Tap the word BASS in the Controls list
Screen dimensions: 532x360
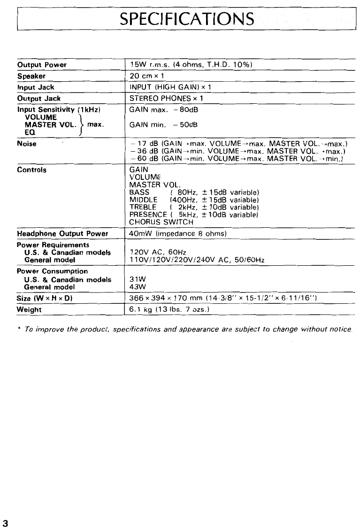pyautogui.click(x=139, y=193)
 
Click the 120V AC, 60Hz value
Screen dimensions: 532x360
pyautogui.click(x=158, y=254)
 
